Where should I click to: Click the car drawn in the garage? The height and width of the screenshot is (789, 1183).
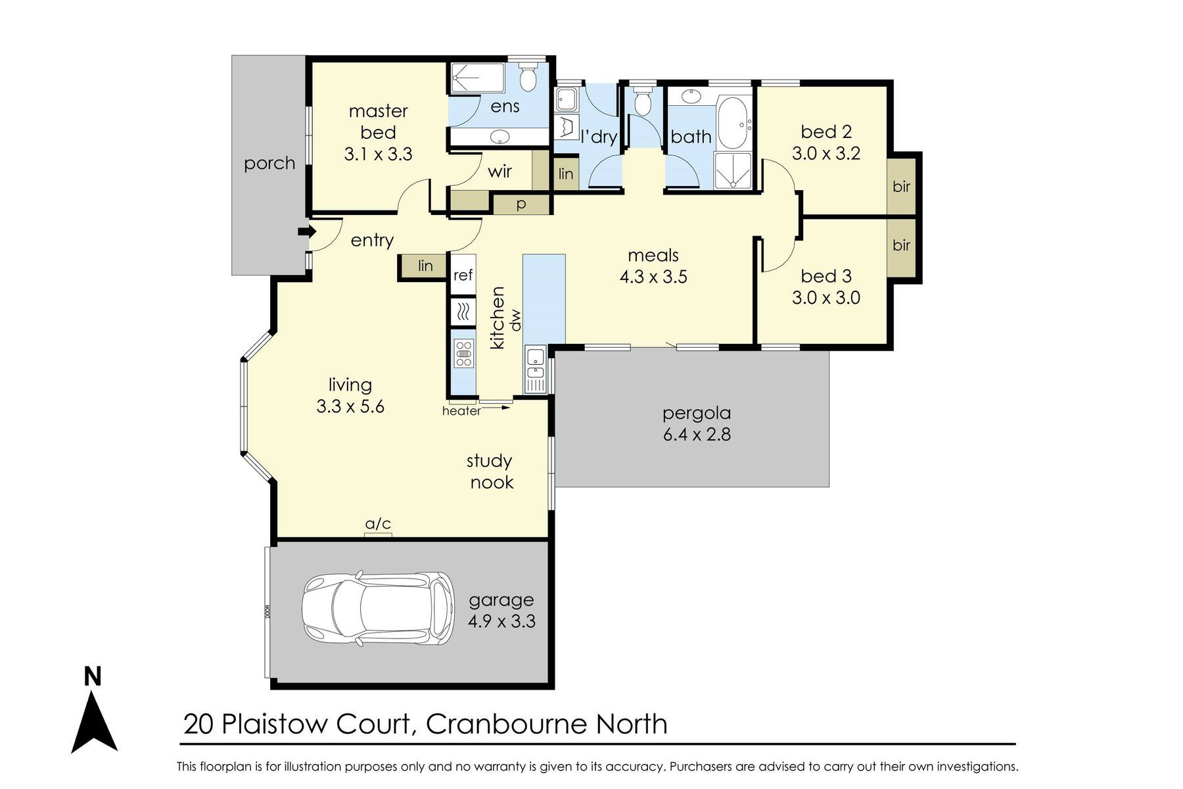point(378,608)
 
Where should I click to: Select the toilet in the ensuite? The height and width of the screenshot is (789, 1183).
point(528,76)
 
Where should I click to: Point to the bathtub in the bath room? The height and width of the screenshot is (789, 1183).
point(735,123)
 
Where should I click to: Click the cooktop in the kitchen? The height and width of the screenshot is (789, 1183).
point(463,353)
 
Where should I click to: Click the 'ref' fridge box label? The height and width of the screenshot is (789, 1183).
point(463,275)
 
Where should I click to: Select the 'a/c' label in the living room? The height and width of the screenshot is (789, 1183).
point(378,523)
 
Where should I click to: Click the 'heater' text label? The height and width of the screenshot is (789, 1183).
point(461,411)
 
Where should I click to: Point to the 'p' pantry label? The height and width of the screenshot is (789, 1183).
point(521,204)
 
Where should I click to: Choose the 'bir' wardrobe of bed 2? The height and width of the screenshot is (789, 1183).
point(902,186)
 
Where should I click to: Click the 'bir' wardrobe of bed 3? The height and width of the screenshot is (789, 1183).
point(902,245)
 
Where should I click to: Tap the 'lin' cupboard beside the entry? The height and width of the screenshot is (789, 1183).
point(426,266)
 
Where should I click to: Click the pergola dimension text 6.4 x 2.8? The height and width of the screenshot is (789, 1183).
point(697,435)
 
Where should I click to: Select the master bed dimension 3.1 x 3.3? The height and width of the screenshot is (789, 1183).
point(378,154)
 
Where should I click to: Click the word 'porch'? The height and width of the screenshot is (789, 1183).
point(269,163)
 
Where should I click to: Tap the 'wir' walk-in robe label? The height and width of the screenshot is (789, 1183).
point(499,172)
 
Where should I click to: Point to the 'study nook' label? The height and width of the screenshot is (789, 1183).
point(490,471)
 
